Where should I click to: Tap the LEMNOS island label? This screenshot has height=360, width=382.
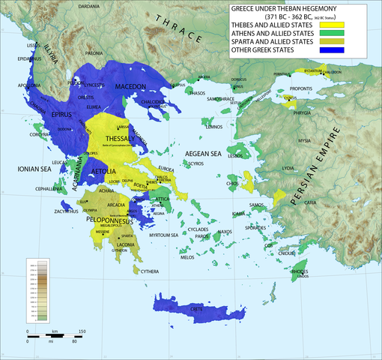[214, 127]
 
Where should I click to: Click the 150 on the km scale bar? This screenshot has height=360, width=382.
[82, 331]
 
